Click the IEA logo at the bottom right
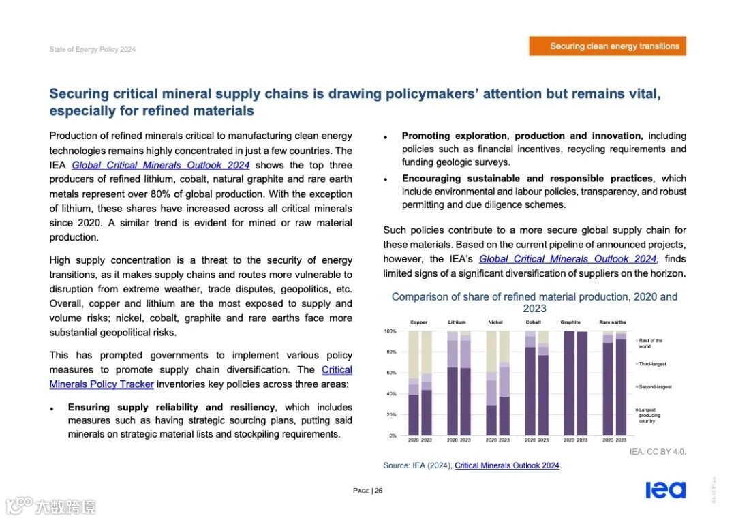(x=665, y=490)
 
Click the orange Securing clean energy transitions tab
(x=608, y=46)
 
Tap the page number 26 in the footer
(x=367, y=491)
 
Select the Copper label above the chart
(x=418, y=322)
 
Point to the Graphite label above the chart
(x=570, y=322)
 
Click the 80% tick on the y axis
(x=390, y=352)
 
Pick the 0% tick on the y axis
(x=392, y=435)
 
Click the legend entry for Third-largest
(x=652, y=364)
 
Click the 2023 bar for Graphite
(x=582, y=383)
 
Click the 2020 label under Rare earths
(x=608, y=440)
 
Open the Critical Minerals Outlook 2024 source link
(x=507, y=465)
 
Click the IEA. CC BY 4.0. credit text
(x=658, y=452)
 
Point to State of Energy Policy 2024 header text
(x=93, y=49)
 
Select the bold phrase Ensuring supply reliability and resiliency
(x=171, y=407)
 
